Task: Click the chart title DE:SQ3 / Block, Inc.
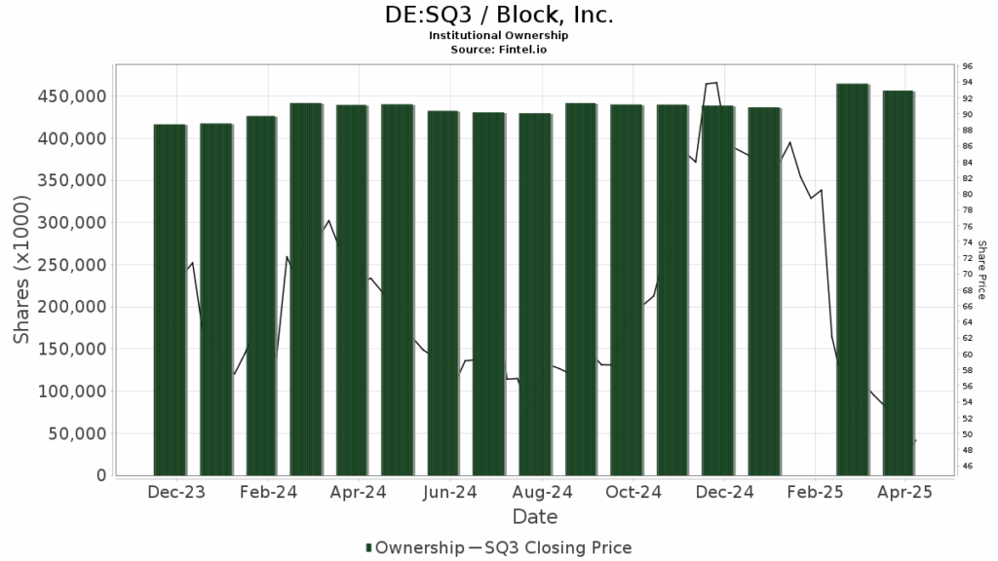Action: [x=499, y=16]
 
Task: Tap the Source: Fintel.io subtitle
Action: [x=499, y=48]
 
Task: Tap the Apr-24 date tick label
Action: [x=359, y=494]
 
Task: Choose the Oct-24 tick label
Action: [x=633, y=494]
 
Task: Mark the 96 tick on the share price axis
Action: [x=968, y=66]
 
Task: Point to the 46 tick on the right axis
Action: [x=968, y=467]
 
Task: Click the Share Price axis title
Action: [x=982, y=270]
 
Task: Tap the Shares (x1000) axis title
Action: [x=21, y=270]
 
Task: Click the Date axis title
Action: [x=535, y=516]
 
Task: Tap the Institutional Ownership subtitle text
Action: [x=499, y=35]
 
